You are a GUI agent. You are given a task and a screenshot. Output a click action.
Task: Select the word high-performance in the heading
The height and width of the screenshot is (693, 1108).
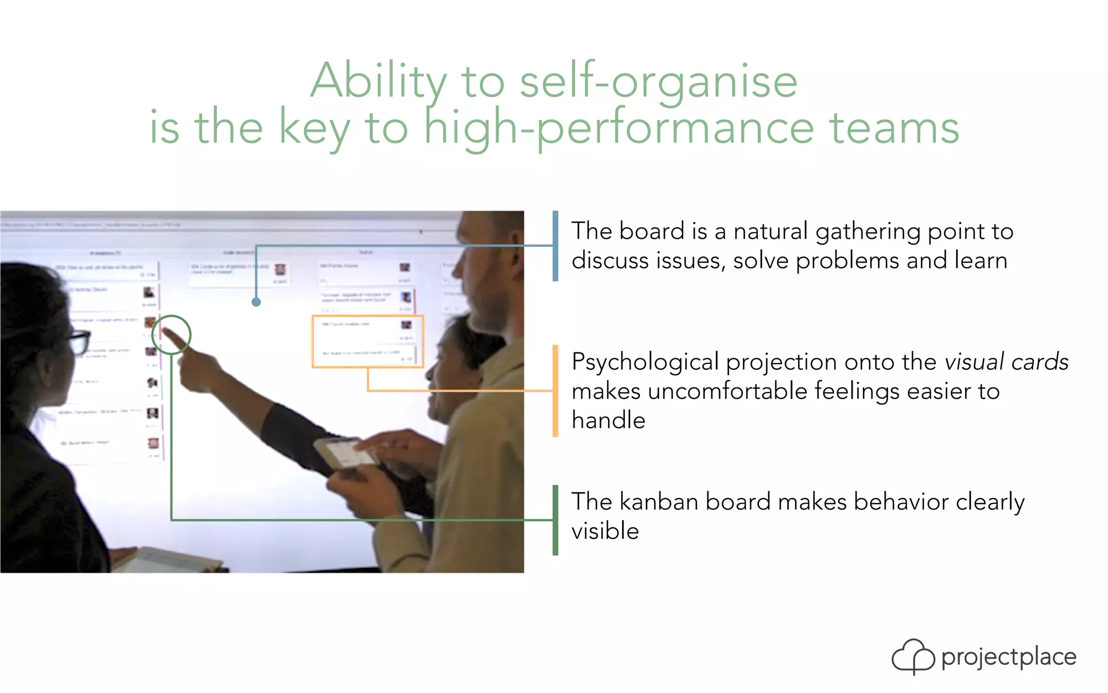click(618, 128)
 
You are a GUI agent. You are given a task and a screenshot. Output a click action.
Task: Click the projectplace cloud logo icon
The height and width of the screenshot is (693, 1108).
click(913, 656)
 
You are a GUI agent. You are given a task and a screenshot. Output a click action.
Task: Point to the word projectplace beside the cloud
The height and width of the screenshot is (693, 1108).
click(1008, 657)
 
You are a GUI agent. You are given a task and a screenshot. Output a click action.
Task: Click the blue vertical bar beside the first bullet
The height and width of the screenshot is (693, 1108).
click(555, 246)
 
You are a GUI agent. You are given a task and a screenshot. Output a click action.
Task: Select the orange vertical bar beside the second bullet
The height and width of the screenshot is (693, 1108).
click(555, 390)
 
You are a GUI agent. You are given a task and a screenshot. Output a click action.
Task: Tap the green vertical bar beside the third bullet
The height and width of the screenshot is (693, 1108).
click(555, 520)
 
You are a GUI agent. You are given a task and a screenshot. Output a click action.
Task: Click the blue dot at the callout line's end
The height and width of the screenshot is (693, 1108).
click(256, 302)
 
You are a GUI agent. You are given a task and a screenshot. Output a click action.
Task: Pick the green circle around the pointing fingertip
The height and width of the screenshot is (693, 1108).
click(172, 335)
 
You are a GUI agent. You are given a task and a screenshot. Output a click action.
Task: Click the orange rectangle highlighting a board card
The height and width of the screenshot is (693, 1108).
click(367, 342)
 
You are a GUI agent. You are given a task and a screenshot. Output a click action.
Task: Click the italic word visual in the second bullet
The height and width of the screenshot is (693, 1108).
click(973, 362)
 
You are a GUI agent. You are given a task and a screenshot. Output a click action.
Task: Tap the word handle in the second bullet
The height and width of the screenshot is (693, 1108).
click(608, 420)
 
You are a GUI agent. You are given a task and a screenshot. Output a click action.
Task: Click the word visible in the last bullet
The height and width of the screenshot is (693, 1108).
click(605, 531)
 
